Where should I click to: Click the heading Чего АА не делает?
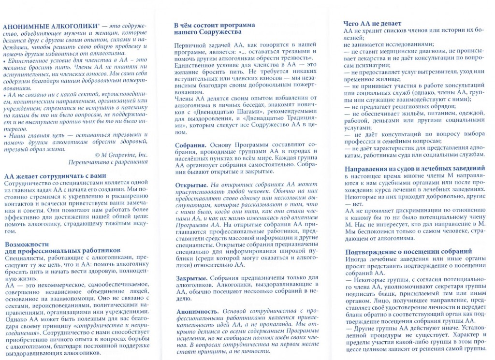point(372,23)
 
